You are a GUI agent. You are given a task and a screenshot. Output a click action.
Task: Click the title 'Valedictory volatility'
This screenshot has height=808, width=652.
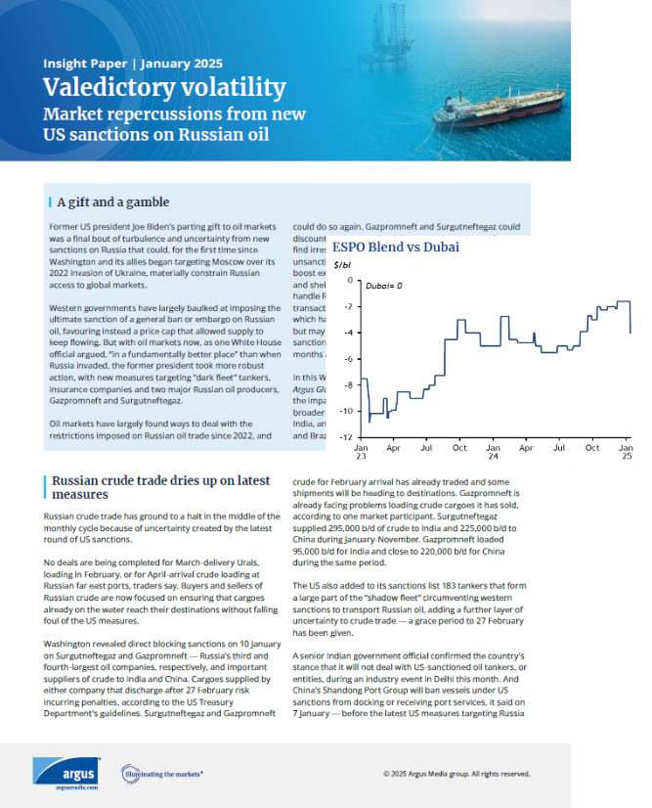pos(165,88)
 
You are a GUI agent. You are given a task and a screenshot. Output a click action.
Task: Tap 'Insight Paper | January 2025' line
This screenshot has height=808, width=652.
pos(120,64)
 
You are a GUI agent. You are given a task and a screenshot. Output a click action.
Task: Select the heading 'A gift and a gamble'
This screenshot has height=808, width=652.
pos(113,202)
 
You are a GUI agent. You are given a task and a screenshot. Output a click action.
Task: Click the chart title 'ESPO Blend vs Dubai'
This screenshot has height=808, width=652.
pos(395,247)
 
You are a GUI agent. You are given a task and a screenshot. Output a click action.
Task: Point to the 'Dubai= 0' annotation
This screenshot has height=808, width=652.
pos(384,284)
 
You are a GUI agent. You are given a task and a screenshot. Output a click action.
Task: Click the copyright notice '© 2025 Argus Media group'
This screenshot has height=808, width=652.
pos(457,773)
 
